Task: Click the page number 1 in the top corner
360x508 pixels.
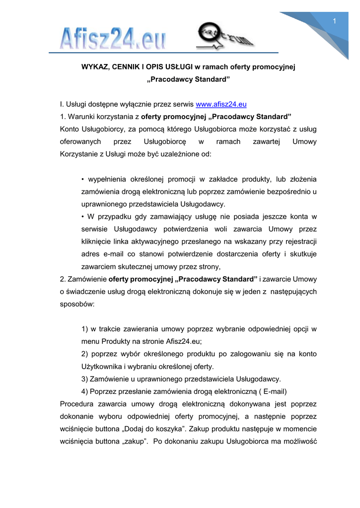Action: point(335,20)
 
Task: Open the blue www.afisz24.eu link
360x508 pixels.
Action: point(221,104)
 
